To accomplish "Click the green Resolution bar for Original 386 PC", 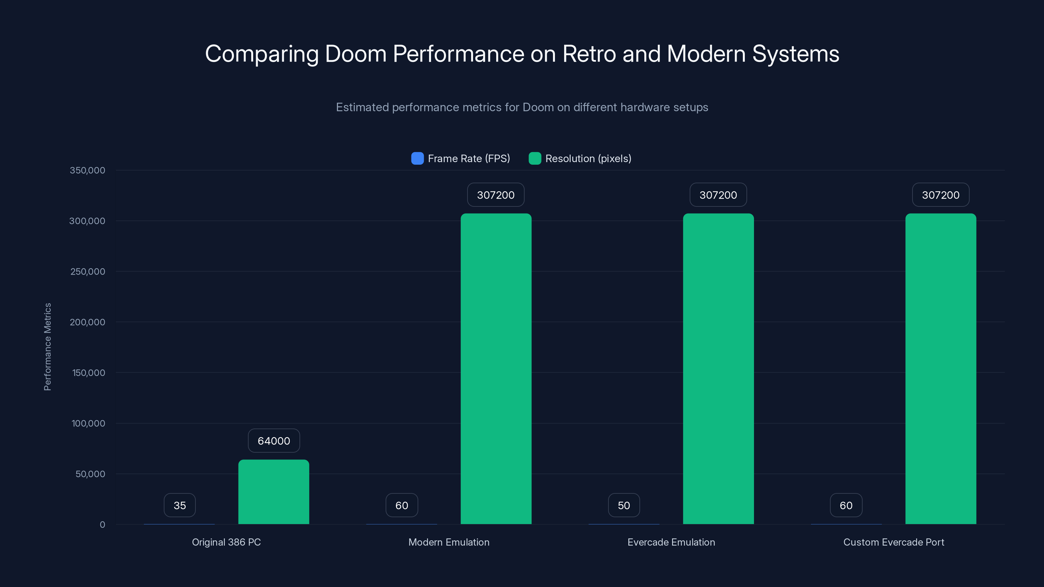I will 274,492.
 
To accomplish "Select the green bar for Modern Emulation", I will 496,369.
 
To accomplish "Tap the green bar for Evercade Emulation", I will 718,369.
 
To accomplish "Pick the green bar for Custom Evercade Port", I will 941,369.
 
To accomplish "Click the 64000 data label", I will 274,441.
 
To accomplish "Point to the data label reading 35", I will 179,505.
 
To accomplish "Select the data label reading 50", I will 624,505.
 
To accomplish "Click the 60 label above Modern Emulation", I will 402,505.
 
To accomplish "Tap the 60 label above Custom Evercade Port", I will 846,505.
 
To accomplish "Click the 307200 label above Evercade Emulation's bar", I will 718,195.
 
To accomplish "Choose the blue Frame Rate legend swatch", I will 417,158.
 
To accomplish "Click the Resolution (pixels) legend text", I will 588,158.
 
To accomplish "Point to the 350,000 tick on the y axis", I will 87,170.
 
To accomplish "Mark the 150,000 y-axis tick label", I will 88,373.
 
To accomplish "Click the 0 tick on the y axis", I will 102,525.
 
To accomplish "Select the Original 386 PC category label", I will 226,542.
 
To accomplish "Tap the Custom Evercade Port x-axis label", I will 894,542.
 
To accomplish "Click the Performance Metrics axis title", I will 47,347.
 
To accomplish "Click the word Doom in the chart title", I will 355,54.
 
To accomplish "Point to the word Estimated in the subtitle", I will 362,107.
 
